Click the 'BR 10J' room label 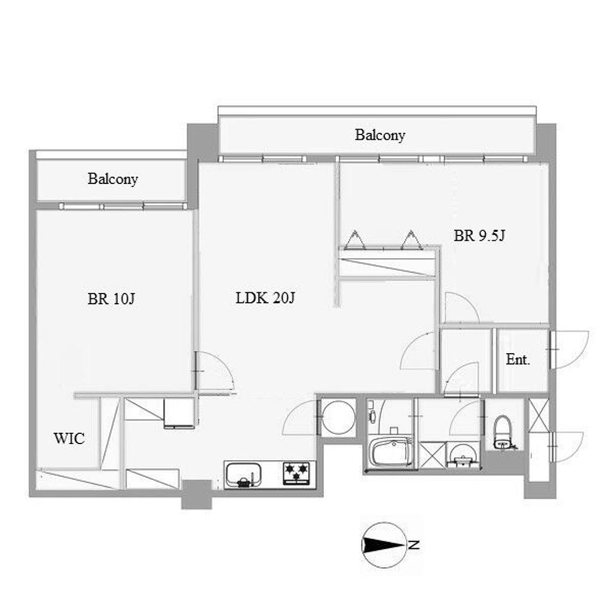pyautogui.click(x=111, y=299)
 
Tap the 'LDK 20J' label pyautogui.click(x=265, y=298)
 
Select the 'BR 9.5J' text pyautogui.click(x=479, y=235)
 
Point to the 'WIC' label pyautogui.click(x=69, y=438)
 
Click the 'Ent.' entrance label pyautogui.click(x=518, y=359)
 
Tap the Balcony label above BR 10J pyautogui.click(x=113, y=179)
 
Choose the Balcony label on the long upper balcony pyautogui.click(x=380, y=135)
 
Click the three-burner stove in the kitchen pyautogui.click(x=296, y=473)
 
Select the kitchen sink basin pyautogui.click(x=244, y=475)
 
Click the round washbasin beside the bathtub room pyautogui.click(x=463, y=455)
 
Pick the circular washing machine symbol pyautogui.click(x=339, y=417)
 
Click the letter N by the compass pyautogui.click(x=414, y=545)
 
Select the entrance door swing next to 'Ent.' pyautogui.click(x=570, y=349)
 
